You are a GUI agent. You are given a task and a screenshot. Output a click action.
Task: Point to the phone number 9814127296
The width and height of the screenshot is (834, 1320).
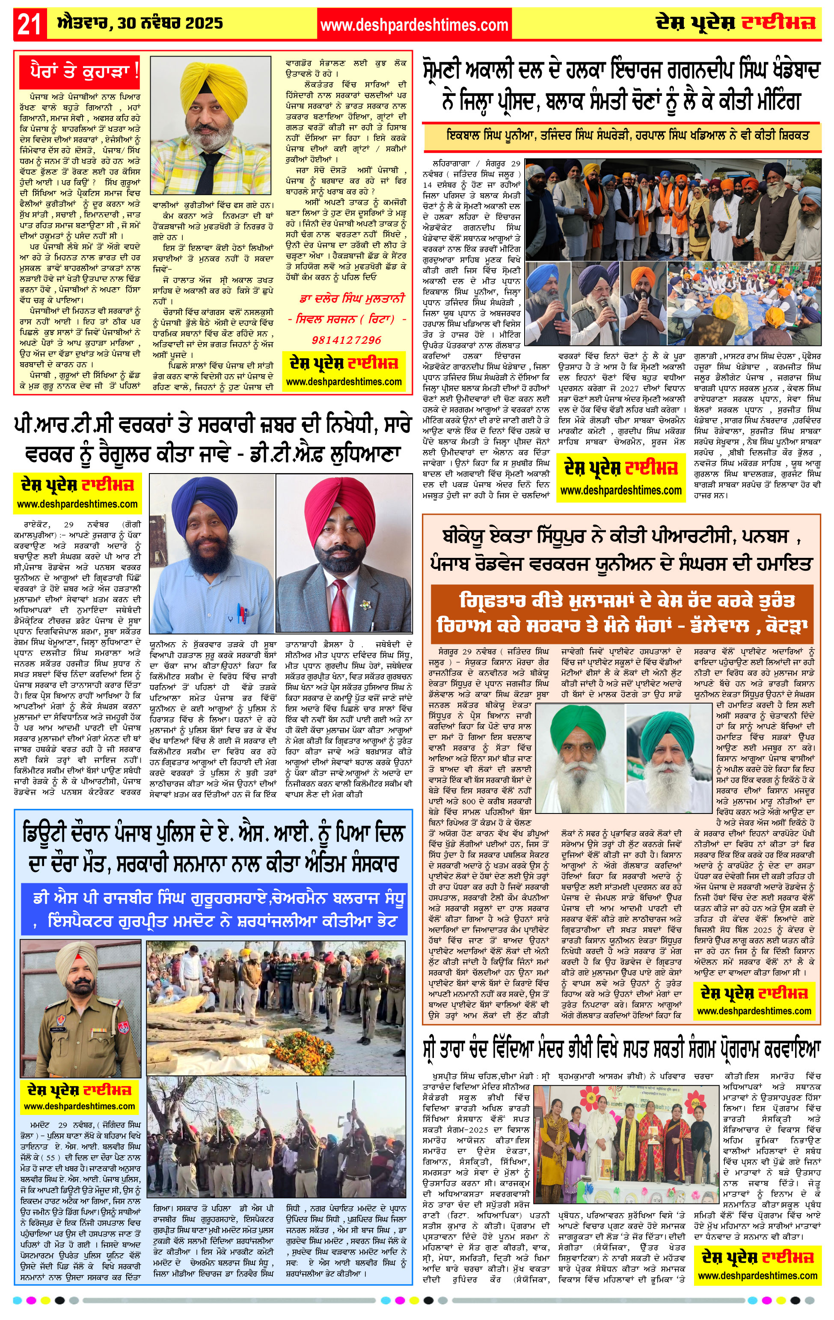(346, 340)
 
